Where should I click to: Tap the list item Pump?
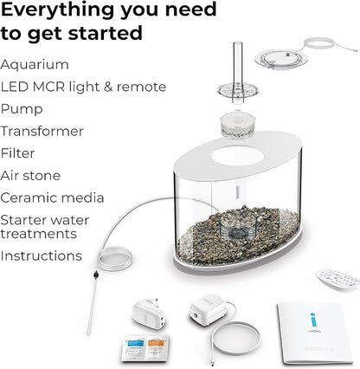[x=22, y=109]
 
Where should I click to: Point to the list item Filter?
[x=18, y=153]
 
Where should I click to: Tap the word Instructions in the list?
[x=42, y=256]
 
